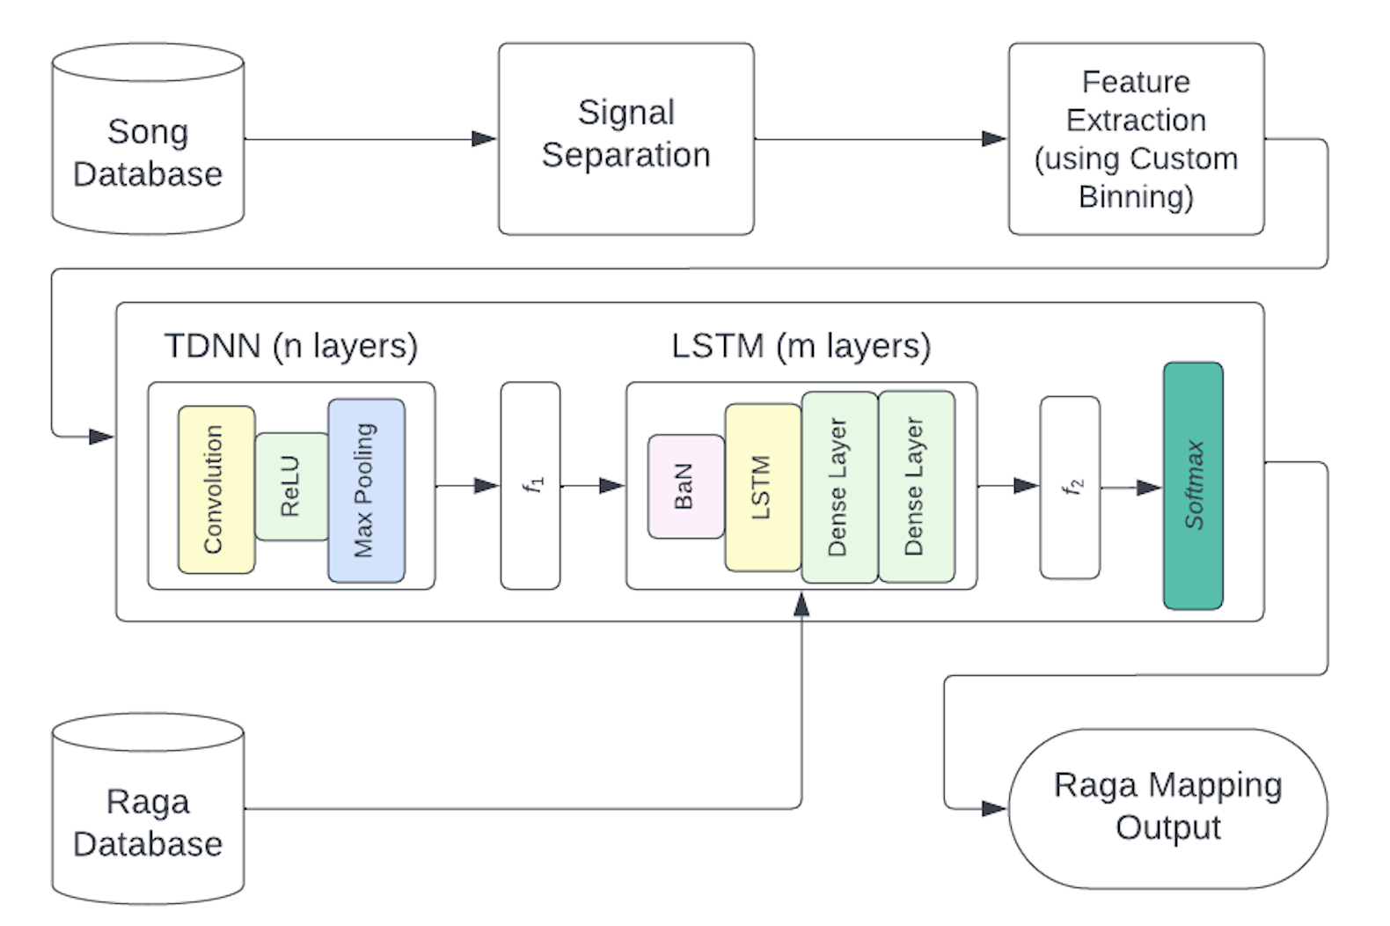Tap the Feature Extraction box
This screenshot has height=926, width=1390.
(x=1136, y=138)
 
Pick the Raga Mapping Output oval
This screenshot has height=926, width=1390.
(x=1167, y=807)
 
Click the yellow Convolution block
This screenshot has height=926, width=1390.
(x=216, y=489)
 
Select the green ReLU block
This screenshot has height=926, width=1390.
(x=291, y=486)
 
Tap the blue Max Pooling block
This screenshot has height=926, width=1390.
(x=366, y=489)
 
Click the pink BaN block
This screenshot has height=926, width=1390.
(x=685, y=486)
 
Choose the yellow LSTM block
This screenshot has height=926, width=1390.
(x=762, y=487)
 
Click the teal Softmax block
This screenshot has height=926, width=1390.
(x=1192, y=485)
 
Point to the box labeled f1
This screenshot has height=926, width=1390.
(x=530, y=485)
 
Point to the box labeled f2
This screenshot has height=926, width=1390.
(x=1070, y=487)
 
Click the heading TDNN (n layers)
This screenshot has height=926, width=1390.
(x=290, y=346)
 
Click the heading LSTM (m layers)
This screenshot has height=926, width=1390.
(x=801, y=346)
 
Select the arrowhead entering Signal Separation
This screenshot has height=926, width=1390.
(x=484, y=139)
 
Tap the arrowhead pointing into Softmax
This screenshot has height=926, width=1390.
(x=1149, y=487)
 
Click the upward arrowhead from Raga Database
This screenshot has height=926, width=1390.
(x=801, y=604)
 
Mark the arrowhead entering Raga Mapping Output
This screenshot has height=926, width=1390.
(x=993, y=808)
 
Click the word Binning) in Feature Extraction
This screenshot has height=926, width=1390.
(x=1136, y=197)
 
